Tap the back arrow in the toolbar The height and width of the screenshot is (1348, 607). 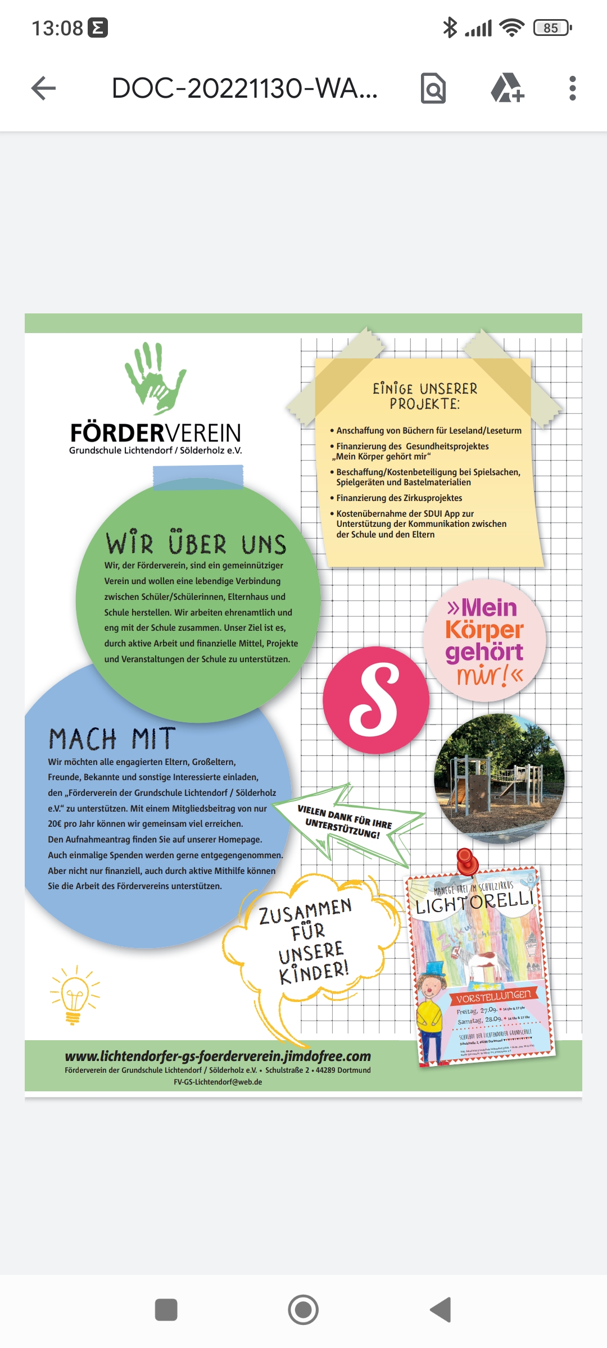pyautogui.click(x=43, y=88)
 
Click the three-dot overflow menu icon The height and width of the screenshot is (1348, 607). pyautogui.click(x=572, y=88)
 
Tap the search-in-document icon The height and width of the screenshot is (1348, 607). pyautogui.click(x=433, y=88)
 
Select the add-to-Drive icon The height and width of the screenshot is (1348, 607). pyautogui.click(x=508, y=88)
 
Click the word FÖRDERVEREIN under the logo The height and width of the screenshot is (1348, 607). pyautogui.click(x=155, y=433)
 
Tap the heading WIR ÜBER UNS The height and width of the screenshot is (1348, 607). pyautogui.click(x=196, y=543)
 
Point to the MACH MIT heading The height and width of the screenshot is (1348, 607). pyautogui.click(x=112, y=739)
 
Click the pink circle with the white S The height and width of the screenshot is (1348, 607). pyautogui.click(x=376, y=700)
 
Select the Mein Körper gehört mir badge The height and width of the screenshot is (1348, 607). pyautogui.click(x=484, y=641)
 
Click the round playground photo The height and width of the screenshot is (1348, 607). pyautogui.click(x=499, y=777)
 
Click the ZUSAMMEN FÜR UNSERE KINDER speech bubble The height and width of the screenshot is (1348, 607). pyautogui.click(x=312, y=941)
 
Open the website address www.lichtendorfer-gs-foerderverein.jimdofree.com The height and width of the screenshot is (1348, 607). pyautogui.click(x=218, y=1056)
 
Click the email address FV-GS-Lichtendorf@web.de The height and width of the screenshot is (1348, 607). pyautogui.click(x=218, y=1082)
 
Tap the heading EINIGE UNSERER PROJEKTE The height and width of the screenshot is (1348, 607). pyautogui.click(x=425, y=396)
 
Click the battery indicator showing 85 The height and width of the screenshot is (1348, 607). pyautogui.click(x=552, y=28)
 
